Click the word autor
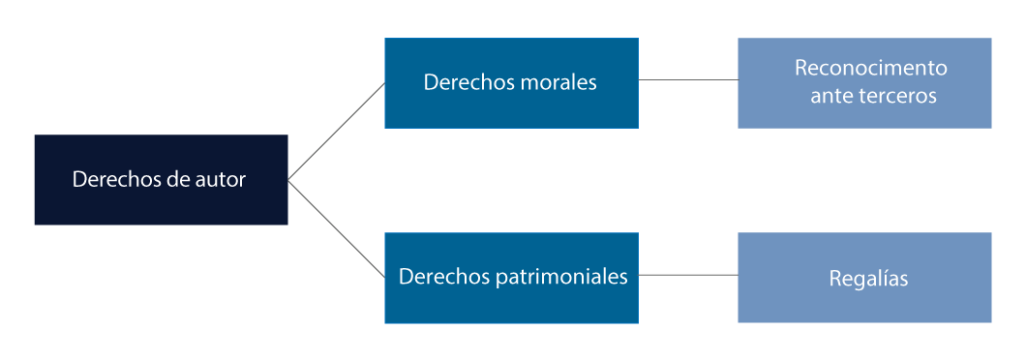tap(220, 180)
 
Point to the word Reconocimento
tap(870, 69)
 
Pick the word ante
tap(830, 97)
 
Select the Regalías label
tap(868, 279)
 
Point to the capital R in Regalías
tap(835, 279)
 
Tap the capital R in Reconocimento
tap(800, 69)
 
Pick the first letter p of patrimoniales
tap(500, 279)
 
